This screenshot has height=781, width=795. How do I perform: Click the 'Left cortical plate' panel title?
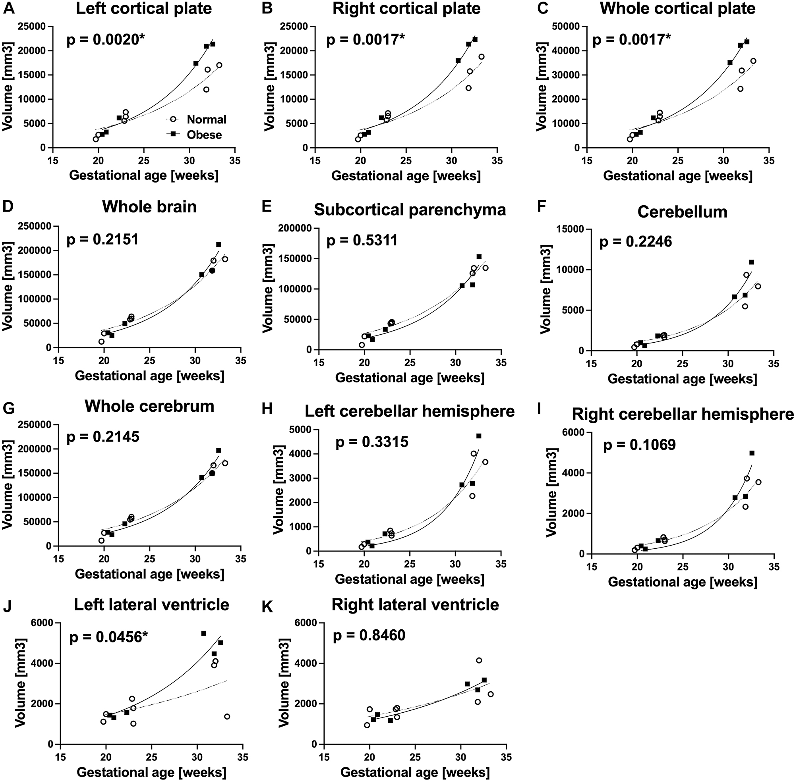coord(144,9)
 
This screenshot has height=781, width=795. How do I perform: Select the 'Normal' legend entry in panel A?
coord(206,120)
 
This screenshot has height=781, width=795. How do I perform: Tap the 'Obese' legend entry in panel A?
coord(204,135)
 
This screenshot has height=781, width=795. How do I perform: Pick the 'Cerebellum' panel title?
coord(682,212)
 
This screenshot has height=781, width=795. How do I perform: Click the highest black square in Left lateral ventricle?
coord(203,633)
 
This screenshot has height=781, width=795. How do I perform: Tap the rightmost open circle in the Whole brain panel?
coord(225,259)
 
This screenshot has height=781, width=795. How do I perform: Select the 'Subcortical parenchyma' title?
coord(410,210)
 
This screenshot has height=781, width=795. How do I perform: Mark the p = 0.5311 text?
coord(362,240)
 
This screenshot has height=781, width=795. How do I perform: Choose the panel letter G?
coord(9,409)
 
